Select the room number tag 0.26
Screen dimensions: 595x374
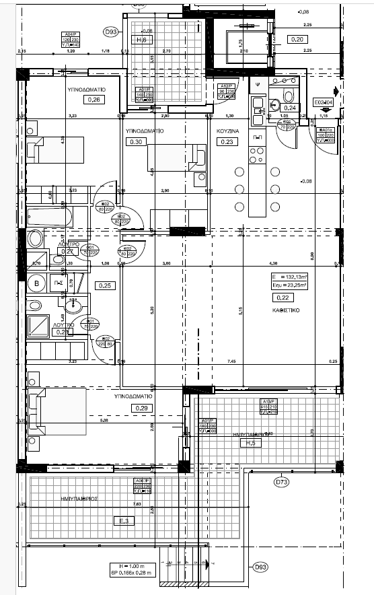pyautogui.click(x=93, y=100)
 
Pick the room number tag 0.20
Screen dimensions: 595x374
pyautogui.click(x=297, y=39)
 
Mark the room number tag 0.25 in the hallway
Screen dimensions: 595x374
pyautogui.click(x=105, y=285)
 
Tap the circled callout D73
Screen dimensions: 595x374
pyautogui.click(x=281, y=482)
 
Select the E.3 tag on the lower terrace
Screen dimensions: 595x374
pyautogui.click(x=123, y=520)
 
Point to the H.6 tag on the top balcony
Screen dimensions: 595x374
pyautogui.click(x=142, y=40)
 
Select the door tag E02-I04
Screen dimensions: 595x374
pyautogui.click(x=324, y=103)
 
